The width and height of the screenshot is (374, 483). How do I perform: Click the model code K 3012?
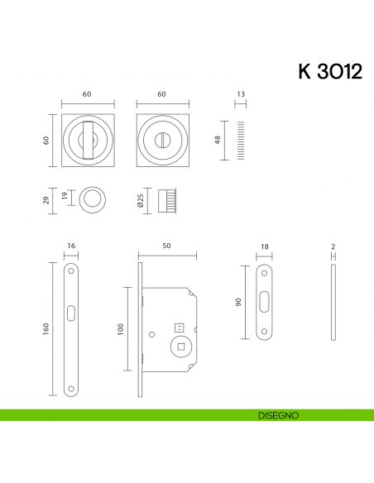[328, 72]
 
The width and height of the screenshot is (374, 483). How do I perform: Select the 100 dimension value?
[120, 329]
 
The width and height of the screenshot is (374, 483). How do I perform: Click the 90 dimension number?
[238, 303]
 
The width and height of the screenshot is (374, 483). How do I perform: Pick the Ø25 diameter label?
[141, 200]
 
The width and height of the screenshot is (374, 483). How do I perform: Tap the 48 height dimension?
[218, 141]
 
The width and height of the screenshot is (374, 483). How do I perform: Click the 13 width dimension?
[242, 95]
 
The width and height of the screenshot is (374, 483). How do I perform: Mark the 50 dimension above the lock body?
[166, 246]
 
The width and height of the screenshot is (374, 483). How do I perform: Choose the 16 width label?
[71, 246]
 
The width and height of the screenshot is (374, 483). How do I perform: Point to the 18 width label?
[265, 246]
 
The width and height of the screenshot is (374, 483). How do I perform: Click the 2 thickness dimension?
[333, 246]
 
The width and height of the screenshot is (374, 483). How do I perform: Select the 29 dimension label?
[46, 199]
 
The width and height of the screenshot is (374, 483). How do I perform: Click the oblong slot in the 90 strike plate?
[265, 303]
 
